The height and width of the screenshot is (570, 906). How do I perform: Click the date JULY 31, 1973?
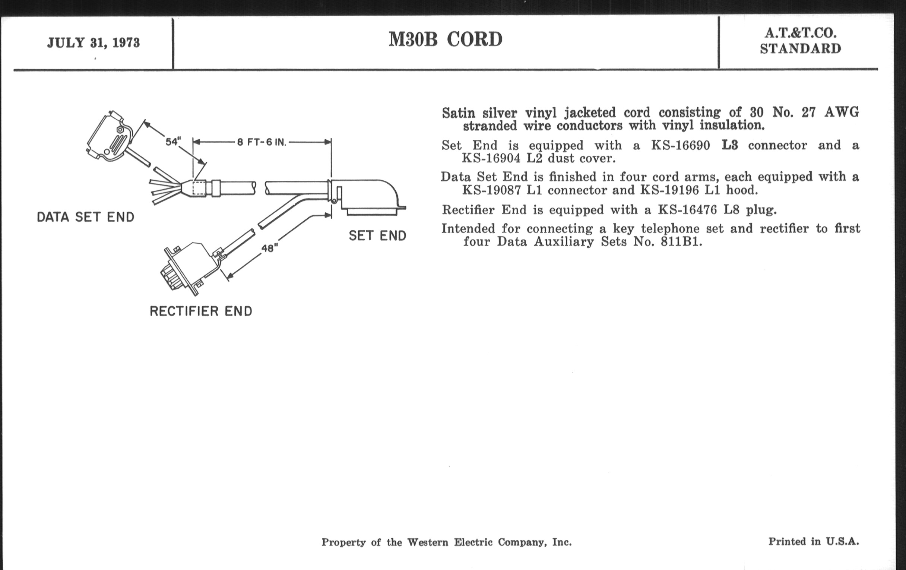point(93,43)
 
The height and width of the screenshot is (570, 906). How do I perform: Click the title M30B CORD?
point(445,39)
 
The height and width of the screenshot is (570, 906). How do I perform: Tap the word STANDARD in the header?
point(800,49)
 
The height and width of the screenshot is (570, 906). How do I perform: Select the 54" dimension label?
point(173,142)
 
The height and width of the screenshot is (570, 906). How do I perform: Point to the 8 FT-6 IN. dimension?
point(262,142)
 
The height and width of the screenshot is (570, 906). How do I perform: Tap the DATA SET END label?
point(85,217)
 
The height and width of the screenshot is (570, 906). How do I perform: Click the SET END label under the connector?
point(377,236)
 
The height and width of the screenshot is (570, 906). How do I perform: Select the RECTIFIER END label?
point(201,311)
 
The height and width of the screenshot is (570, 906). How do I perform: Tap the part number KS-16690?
point(680,145)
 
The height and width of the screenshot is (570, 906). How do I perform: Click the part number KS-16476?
point(687,210)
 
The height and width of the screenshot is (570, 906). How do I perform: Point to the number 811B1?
point(681,241)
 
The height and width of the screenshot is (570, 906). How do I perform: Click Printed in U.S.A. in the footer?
point(814,541)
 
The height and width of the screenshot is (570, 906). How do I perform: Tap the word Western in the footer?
point(428,542)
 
